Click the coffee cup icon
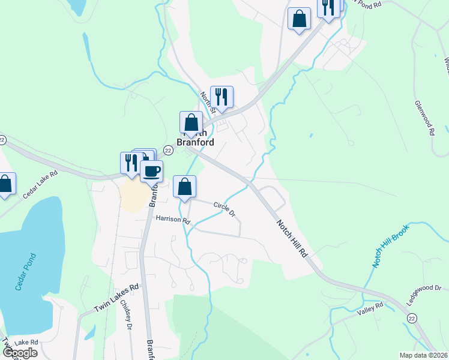151,172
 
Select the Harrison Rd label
172,220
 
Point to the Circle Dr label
224,209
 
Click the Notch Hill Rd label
292,238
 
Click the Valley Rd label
370,308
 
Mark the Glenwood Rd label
424,118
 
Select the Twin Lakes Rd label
116,298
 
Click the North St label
208,101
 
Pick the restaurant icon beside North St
221,97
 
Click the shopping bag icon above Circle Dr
185,186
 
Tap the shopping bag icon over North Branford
191,122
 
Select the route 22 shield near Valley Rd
412,317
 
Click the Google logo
19,353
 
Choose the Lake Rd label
26,342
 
